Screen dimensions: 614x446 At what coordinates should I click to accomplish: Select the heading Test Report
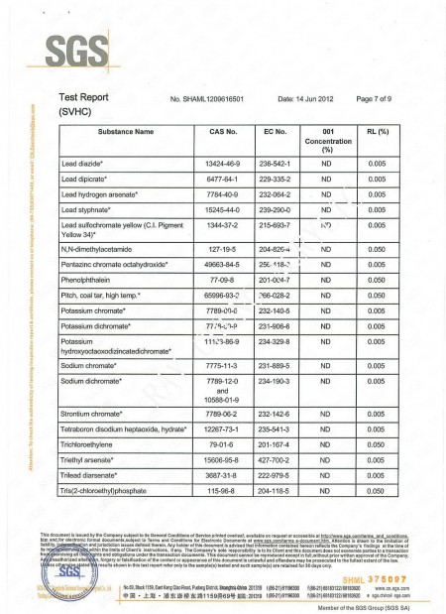pyautogui.click(x=90, y=99)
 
